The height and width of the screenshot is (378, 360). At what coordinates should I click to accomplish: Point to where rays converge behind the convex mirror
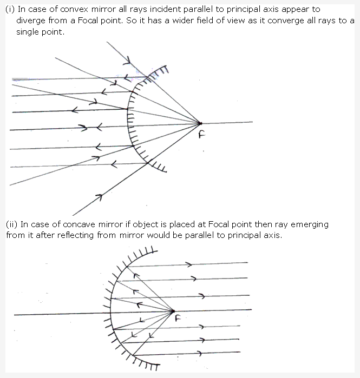[200, 124]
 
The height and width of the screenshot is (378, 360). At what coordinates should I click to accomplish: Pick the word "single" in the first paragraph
[29, 32]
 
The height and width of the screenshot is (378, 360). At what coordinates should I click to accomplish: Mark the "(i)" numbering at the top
[10, 9]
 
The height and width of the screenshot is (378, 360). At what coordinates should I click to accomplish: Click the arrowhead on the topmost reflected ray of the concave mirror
[189, 264]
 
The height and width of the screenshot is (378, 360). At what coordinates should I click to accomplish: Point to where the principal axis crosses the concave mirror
[110, 314]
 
